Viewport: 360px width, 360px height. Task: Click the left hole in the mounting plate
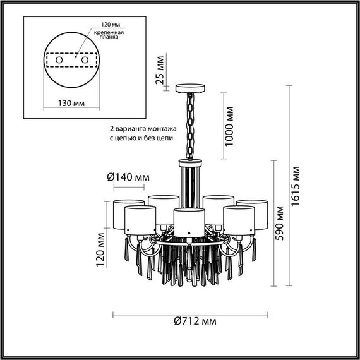pos(59,59)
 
